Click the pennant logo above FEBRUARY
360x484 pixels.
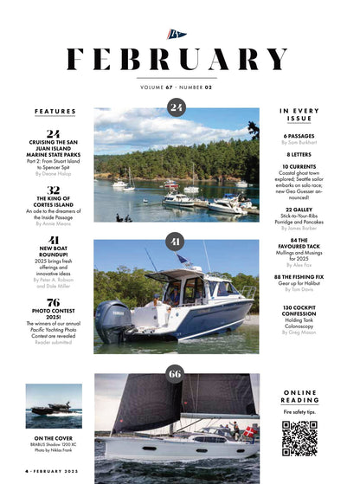(177, 35)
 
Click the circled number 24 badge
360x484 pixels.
(177, 107)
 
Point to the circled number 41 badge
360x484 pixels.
(177, 241)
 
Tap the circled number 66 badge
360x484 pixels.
(177, 373)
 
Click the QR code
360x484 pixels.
(299, 438)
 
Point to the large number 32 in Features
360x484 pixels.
(54, 189)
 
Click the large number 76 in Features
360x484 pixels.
(54, 302)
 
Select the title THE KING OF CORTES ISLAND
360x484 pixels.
(54, 203)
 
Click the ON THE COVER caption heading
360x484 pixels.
(54, 439)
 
